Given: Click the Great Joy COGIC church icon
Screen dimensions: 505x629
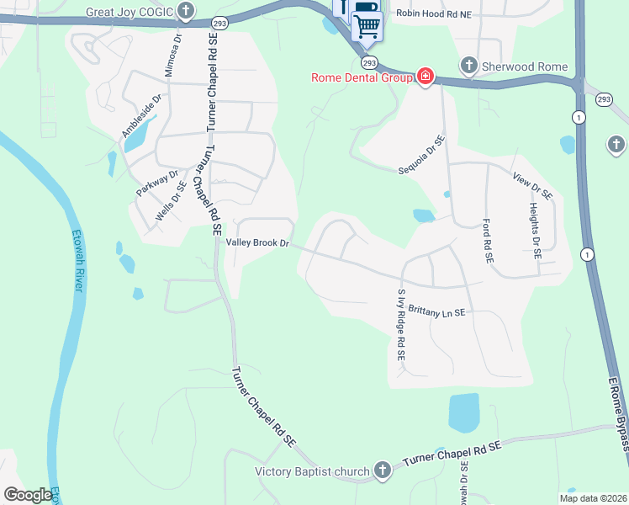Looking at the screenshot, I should [186, 12].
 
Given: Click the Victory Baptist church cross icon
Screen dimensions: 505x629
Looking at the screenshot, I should [383, 470].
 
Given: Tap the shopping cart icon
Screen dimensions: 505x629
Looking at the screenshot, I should [367, 26].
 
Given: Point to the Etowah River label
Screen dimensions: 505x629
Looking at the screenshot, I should [77, 261].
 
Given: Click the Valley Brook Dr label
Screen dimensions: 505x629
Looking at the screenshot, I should [257, 243].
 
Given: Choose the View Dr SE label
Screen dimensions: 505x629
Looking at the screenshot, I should [532, 183].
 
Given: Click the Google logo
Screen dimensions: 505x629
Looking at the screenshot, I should [28, 495].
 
